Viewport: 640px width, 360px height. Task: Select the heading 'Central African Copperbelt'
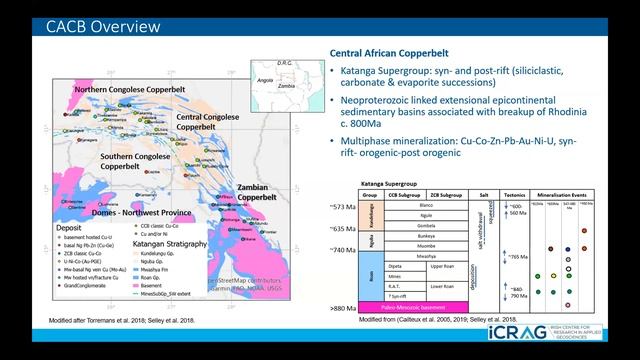390,53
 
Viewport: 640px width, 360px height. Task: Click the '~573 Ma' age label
340,206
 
